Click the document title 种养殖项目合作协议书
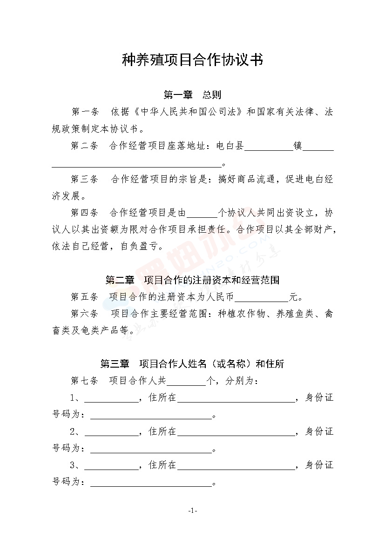pos(192,60)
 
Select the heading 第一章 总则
pos(192,95)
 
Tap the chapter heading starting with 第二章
pos(192,280)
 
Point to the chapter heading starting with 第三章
pos(192,364)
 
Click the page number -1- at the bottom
pos(193,511)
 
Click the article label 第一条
pos(85,112)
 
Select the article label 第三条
pos(85,180)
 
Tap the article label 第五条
pos(85,296)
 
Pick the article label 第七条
pos(85,381)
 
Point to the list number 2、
pos(76,431)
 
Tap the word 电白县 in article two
pos(230,146)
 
